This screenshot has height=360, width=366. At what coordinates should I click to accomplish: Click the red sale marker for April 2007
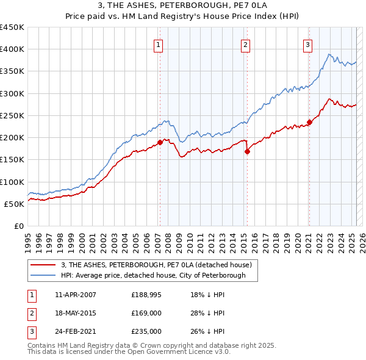(x=160, y=142)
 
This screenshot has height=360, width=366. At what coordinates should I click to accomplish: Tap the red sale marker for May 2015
(x=247, y=152)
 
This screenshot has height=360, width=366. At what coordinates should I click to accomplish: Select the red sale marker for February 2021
(x=309, y=122)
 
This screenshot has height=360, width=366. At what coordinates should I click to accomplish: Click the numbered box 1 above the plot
(x=158, y=44)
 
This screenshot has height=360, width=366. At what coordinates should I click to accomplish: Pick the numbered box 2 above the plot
(x=245, y=44)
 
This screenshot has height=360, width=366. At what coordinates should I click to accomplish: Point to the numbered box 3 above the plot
(x=307, y=44)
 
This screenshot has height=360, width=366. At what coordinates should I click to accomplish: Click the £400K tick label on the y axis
(x=12, y=49)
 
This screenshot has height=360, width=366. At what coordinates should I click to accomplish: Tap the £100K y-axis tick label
(x=12, y=182)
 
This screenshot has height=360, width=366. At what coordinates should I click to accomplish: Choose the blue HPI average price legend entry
(x=152, y=275)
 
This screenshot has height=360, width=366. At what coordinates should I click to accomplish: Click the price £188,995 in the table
(x=146, y=295)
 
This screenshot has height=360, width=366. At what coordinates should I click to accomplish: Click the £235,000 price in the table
(x=146, y=331)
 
